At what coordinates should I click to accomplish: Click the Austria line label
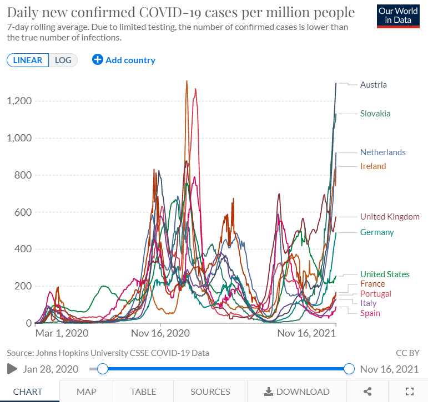(373, 85)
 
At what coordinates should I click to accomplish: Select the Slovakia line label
(375, 114)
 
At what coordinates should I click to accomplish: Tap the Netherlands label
(382, 152)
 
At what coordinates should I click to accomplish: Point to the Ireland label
(372, 166)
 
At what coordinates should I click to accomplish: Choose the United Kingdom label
(390, 217)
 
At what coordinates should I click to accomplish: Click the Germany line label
(377, 232)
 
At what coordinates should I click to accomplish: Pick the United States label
(385, 274)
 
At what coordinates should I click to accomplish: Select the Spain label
(370, 313)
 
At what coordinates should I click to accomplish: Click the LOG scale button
(63, 60)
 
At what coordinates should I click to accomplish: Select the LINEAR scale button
(28, 60)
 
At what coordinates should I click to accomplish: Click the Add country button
(124, 60)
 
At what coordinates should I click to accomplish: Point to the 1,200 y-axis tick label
(18, 101)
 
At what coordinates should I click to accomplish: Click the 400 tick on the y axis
(23, 249)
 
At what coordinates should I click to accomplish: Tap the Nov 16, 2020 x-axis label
(160, 333)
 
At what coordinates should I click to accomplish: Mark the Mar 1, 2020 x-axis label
(62, 333)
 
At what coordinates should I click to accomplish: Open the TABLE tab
(143, 391)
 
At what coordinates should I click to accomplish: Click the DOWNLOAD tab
(296, 391)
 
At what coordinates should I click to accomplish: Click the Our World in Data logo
(398, 17)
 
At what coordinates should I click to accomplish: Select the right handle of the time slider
(349, 369)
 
